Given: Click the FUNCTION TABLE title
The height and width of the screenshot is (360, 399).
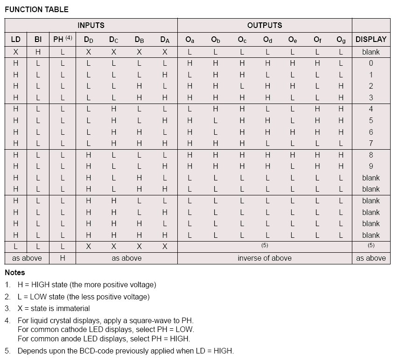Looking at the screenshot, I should pyautogui.click(x=36, y=9).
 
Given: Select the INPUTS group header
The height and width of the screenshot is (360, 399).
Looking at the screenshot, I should pyautogui.click(x=91, y=25).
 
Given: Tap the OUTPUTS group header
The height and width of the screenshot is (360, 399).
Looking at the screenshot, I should pyautogui.click(x=265, y=25).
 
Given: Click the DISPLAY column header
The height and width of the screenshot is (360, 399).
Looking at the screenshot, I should pyautogui.click(x=371, y=40).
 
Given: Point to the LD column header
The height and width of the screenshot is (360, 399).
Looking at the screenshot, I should pyautogui.click(x=15, y=40).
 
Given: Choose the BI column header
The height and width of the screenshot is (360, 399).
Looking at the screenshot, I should pyautogui.click(x=38, y=40).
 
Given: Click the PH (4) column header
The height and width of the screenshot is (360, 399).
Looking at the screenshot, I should pyautogui.click(x=62, y=40).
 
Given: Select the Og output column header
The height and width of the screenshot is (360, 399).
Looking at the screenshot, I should pyautogui.click(x=341, y=40).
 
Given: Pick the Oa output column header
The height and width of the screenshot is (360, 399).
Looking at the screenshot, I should pyautogui.click(x=190, y=40).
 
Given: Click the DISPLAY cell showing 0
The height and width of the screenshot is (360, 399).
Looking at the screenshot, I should pyautogui.click(x=371, y=63).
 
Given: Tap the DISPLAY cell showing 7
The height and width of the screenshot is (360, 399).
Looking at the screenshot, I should pyautogui.click(x=371, y=144).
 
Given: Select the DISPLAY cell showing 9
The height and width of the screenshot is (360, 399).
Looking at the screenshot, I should pyautogui.click(x=371, y=166).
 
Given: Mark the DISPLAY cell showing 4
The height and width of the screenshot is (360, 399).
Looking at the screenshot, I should pyautogui.click(x=371, y=109).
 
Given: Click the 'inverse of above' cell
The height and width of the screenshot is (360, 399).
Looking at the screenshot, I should pyautogui.click(x=265, y=258).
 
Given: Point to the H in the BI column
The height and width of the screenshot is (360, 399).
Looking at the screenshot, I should pyautogui.click(x=38, y=52).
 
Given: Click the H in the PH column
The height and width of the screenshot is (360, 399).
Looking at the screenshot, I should pyautogui.click(x=62, y=258).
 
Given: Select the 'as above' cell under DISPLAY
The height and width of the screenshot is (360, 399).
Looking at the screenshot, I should pyautogui.click(x=371, y=258).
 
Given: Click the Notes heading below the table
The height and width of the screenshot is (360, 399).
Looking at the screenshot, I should pyautogui.click(x=15, y=272).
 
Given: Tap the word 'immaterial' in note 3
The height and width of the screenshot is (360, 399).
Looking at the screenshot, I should pyautogui.click(x=74, y=308).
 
